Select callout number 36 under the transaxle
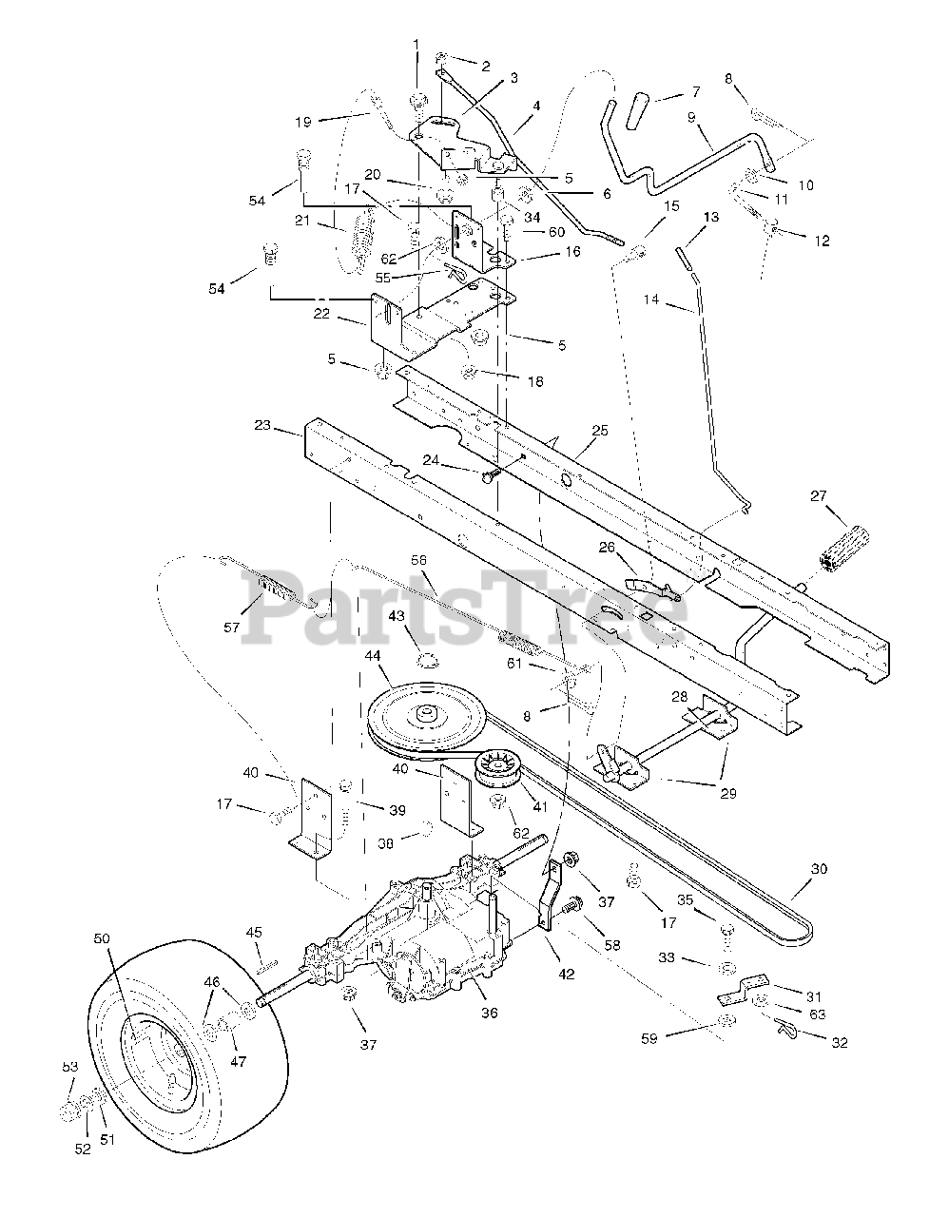pos(489,1013)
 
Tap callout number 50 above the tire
pos(101,938)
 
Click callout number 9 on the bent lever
pos(691,119)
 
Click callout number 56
pos(418,561)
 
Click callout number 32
pos(838,1043)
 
